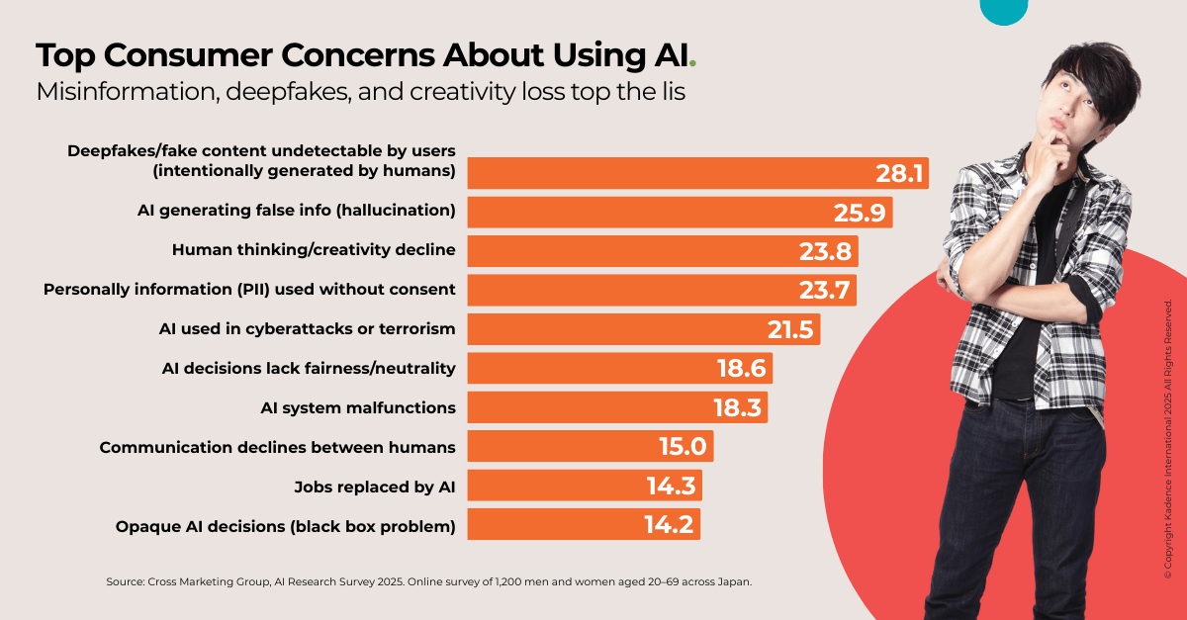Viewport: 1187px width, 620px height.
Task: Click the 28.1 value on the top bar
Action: [898, 174]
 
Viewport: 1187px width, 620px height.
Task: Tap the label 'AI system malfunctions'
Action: [357, 407]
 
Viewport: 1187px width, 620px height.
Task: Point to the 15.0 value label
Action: [683, 447]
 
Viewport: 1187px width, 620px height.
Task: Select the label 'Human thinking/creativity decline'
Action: [314, 250]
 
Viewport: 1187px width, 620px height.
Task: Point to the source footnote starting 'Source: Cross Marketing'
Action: [428, 581]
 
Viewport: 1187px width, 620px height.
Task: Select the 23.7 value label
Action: [826, 291]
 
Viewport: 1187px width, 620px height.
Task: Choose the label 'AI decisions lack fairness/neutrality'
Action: [309, 368]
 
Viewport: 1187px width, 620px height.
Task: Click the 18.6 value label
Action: [742, 369]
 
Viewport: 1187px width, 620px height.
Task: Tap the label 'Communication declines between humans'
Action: [277, 447]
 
